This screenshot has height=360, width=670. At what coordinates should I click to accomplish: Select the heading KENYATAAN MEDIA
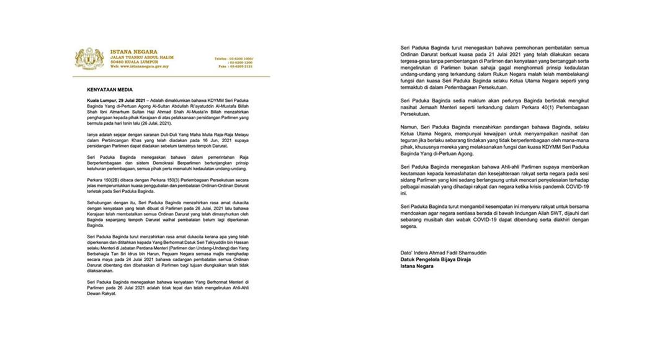click(x=110, y=89)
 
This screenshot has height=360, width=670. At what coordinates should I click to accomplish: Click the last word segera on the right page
click(x=409, y=226)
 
